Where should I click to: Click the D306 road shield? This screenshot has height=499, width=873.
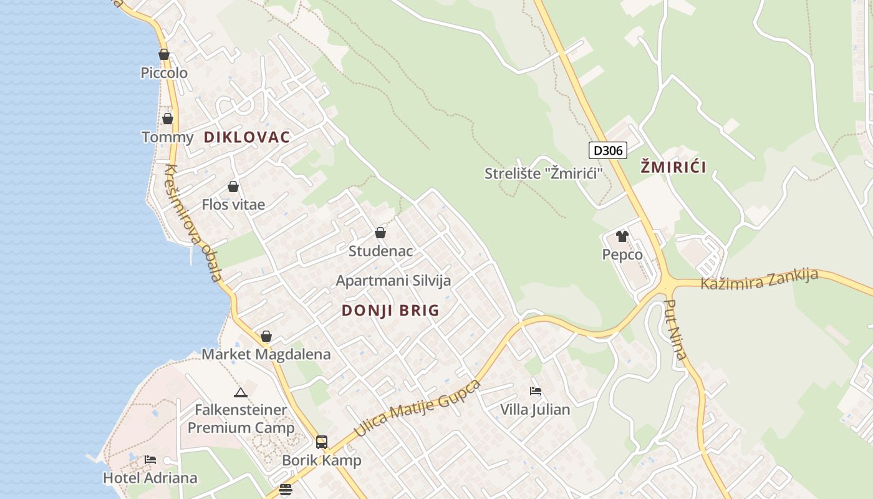[607, 150]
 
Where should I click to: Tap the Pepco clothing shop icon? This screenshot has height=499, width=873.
[622, 236]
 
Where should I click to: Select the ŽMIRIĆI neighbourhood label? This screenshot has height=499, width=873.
[673, 167]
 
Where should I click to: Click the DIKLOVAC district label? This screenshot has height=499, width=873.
[247, 137]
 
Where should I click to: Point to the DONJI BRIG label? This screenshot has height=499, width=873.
[390, 311]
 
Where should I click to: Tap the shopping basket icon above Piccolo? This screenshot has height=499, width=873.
[164, 55]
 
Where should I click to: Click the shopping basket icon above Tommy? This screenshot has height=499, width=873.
[168, 119]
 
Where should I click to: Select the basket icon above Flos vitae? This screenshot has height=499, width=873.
[233, 187]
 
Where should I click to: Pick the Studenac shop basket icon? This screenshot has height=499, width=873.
[380, 233]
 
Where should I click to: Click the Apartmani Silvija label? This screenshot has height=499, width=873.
[393, 281]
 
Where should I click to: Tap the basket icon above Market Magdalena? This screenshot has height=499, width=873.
[266, 337]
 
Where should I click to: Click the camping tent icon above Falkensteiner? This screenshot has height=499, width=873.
[241, 392]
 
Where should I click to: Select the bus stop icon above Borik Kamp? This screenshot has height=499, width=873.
[322, 442]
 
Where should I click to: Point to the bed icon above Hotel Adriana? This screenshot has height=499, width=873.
[150, 460]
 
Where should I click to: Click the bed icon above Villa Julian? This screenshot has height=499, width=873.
[535, 392]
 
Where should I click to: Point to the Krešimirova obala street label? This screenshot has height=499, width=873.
[193, 222]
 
